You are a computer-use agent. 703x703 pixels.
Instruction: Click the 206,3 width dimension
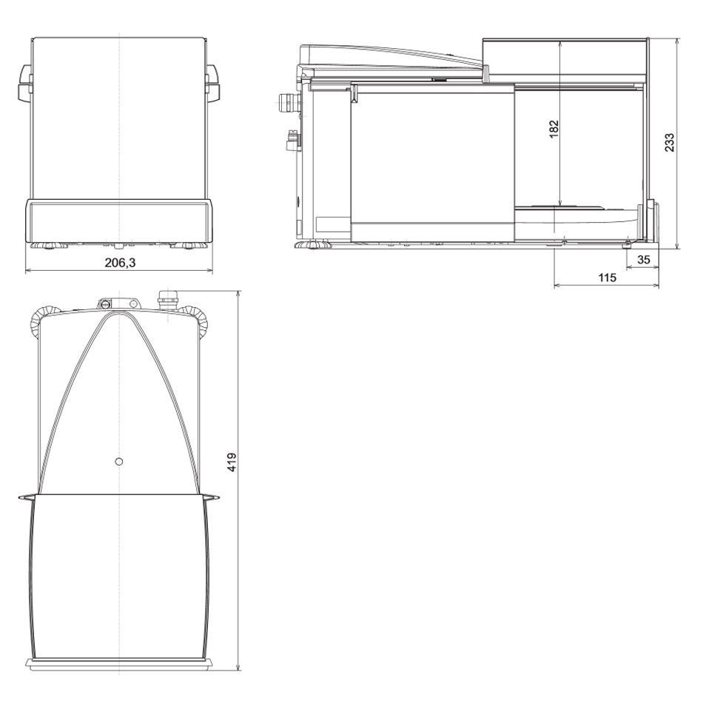click(120, 263)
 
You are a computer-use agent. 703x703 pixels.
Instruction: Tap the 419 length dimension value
click(232, 462)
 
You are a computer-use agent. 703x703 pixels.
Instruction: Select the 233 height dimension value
click(669, 142)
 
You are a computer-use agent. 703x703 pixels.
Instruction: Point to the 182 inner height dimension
click(554, 129)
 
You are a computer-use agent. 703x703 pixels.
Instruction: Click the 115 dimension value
click(607, 277)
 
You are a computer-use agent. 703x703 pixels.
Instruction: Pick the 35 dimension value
click(643, 260)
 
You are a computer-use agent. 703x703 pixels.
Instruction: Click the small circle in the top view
click(119, 461)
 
